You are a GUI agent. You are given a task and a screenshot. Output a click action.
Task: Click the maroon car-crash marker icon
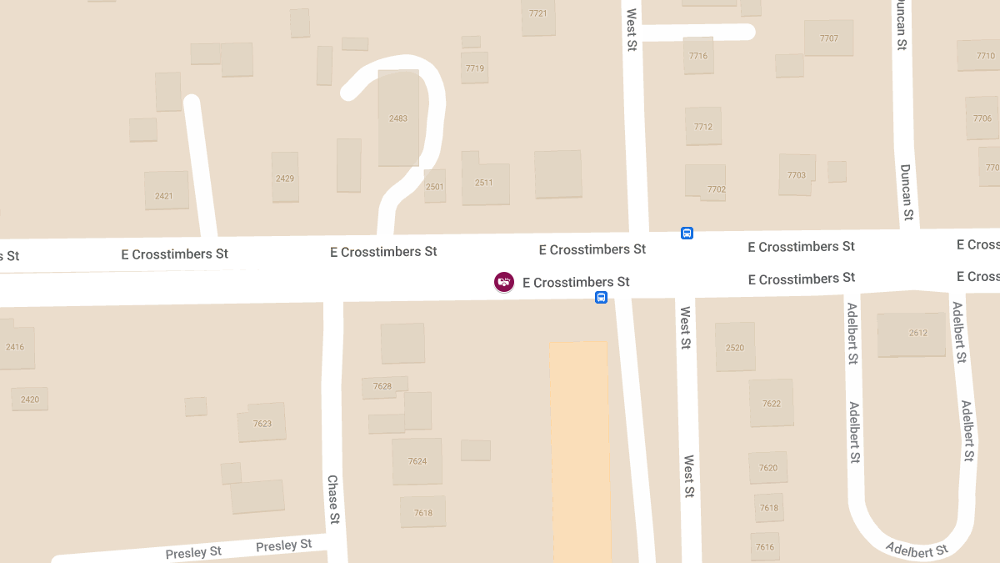click(x=503, y=282)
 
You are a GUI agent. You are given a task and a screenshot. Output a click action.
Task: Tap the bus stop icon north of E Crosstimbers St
click(x=687, y=233)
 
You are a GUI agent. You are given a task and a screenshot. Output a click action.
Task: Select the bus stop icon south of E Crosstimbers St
click(x=601, y=298)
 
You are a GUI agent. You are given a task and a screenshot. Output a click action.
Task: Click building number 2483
click(x=398, y=118)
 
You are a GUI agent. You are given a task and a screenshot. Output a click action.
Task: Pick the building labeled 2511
click(x=484, y=183)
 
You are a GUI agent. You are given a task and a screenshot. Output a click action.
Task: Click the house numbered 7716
click(x=698, y=56)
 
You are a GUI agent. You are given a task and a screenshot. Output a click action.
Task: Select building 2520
click(x=734, y=347)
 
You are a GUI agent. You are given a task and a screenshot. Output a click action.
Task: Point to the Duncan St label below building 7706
click(x=906, y=190)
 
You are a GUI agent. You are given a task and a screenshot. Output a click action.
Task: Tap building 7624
click(x=417, y=460)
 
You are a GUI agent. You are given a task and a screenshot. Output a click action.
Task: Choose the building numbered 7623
click(x=262, y=423)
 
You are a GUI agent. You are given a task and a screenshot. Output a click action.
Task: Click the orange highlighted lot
click(x=580, y=450)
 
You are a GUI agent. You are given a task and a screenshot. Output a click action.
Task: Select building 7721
click(x=537, y=15)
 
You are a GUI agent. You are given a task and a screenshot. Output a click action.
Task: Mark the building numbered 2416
click(x=17, y=345)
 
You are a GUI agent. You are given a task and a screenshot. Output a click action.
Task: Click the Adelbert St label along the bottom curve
click(x=916, y=550)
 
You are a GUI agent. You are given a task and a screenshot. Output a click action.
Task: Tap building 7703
click(x=796, y=174)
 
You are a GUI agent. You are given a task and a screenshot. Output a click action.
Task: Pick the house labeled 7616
click(x=764, y=546)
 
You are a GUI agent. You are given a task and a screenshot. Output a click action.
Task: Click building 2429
click(x=285, y=177)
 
